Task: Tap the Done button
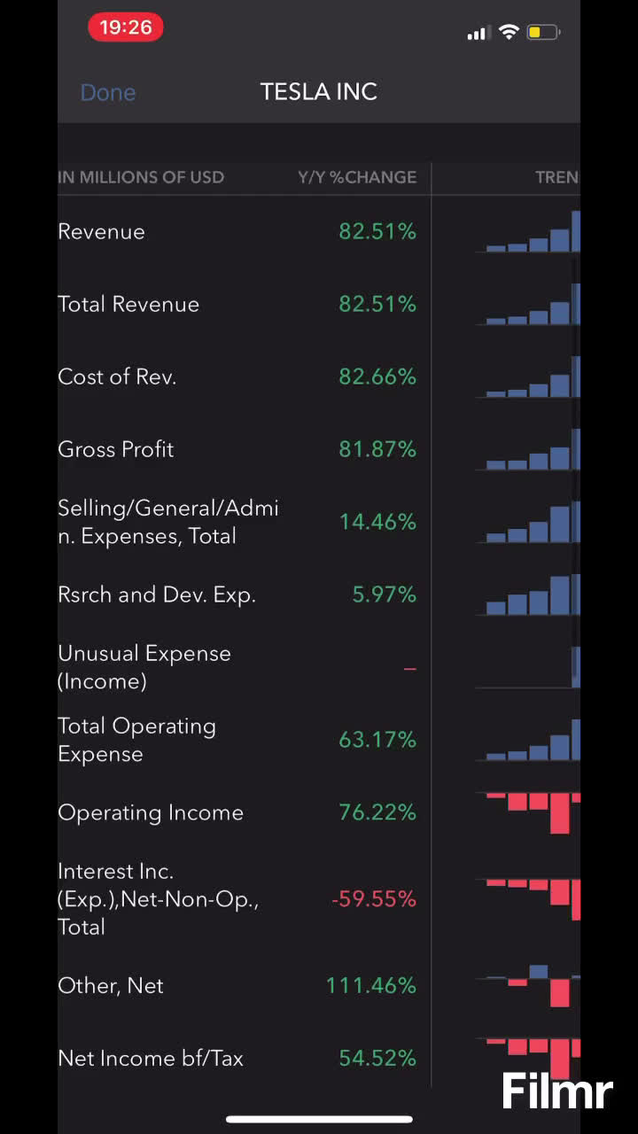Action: coord(107,92)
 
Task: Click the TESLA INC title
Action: coord(319,91)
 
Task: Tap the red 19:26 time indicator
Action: coord(125,27)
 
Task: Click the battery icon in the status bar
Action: coord(543,33)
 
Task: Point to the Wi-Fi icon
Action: coord(509,33)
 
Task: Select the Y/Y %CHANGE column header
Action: coord(356,177)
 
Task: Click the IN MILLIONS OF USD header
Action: coord(141,177)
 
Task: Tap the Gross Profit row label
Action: coord(116,449)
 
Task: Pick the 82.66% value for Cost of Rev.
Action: coord(377,377)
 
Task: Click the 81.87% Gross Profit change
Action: coord(377,449)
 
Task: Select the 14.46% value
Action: coord(377,522)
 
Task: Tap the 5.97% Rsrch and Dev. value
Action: coord(384,594)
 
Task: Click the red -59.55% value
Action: coord(373,899)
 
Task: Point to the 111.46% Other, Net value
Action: coord(370,985)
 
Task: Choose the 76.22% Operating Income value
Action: coord(377,812)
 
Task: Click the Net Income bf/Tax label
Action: coord(151,1058)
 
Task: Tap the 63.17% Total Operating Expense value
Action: coord(377,740)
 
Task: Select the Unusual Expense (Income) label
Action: coord(144,667)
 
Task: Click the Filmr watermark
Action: coord(557,1091)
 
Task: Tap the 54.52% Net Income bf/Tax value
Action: coord(377,1058)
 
